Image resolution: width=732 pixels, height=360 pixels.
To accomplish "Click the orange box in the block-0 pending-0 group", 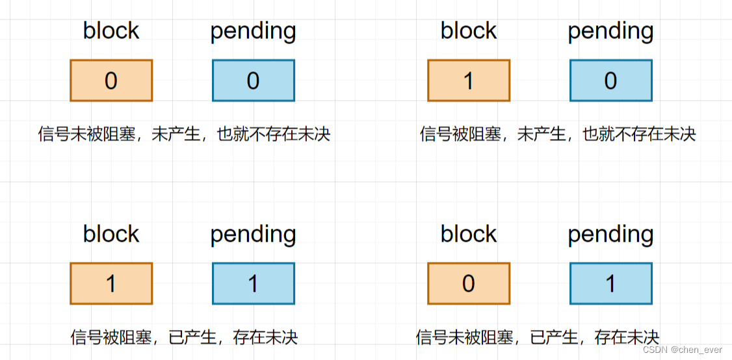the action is (x=111, y=81).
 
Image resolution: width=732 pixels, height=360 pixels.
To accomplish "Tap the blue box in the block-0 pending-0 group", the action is (x=254, y=81).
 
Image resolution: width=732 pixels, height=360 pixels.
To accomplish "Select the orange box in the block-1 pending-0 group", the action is (x=469, y=81).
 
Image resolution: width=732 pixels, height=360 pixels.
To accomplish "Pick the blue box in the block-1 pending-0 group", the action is (x=611, y=81).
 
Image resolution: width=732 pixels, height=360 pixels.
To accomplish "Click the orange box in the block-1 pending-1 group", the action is (x=111, y=283).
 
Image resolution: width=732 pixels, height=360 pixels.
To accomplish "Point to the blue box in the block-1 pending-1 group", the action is (x=254, y=283).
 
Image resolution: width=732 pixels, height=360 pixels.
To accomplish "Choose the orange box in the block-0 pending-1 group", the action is (x=469, y=283).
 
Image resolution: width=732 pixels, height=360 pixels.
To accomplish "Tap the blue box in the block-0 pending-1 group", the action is (x=611, y=283).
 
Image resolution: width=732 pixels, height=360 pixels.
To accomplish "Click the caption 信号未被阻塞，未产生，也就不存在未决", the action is (x=185, y=135).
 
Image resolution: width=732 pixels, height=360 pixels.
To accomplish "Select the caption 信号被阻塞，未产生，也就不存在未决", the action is (x=558, y=135).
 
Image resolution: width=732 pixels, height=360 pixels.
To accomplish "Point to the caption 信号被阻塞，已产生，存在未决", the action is (x=184, y=337).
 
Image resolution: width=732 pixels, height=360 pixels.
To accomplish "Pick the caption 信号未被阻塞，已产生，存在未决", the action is (x=538, y=337).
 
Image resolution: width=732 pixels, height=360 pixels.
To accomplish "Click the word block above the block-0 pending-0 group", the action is (x=111, y=31).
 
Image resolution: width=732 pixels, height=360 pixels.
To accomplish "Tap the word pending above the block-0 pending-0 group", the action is (x=254, y=31).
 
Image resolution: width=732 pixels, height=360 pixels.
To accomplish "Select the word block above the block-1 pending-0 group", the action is (x=469, y=31).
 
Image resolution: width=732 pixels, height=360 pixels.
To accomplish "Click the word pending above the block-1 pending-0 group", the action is (x=611, y=31).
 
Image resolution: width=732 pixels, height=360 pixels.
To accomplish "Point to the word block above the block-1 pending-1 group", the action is (x=111, y=234).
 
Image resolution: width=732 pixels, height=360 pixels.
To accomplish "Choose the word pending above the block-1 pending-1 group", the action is (x=254, y=235).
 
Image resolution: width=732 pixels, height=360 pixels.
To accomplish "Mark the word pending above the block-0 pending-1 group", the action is (x=611, y=235).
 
